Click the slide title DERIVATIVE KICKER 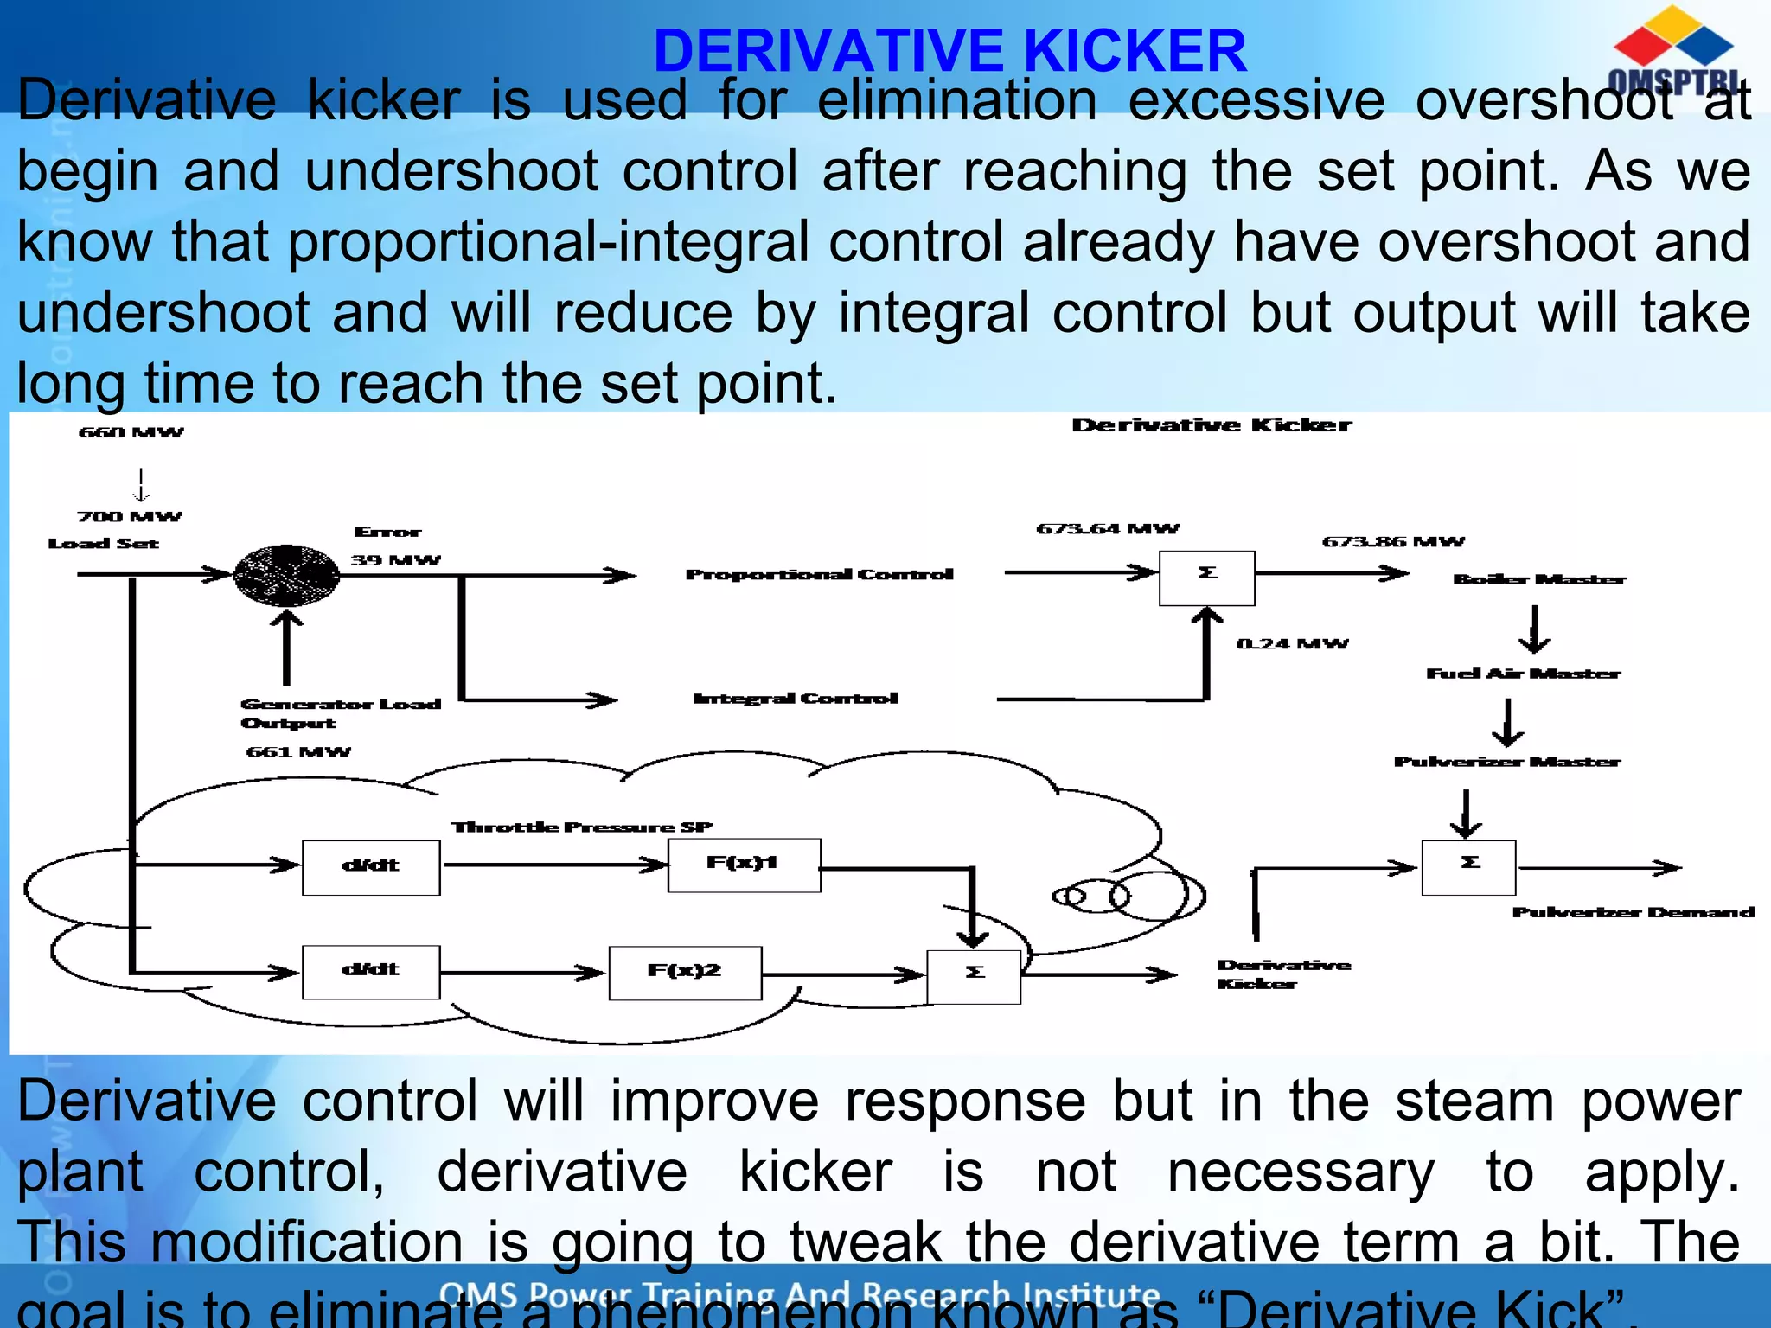[x=949, y=51]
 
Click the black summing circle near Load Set [x=287, y=575]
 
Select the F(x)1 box [x=744, y=865]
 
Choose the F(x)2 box [x=685, y=973]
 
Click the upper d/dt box [x=371, y=867]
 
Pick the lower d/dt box [x=371, y=972]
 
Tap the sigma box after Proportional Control [x=1206, y=578]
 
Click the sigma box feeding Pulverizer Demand [x=1468, y=867]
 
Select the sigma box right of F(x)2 [x=974, y=976]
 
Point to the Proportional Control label [x=819, y=575]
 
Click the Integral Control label [x=796, y=699]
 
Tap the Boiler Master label [x=1539, y=579]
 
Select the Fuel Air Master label [x=1523, y=674]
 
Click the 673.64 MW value [x=1108, y=529]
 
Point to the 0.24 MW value [x=1292, y=644]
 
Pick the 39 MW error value [x=395, y=560]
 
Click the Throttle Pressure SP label [x=582, y=827]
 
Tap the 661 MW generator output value [x=298, y=752]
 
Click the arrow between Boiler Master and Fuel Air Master [x=1534, y=629]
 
